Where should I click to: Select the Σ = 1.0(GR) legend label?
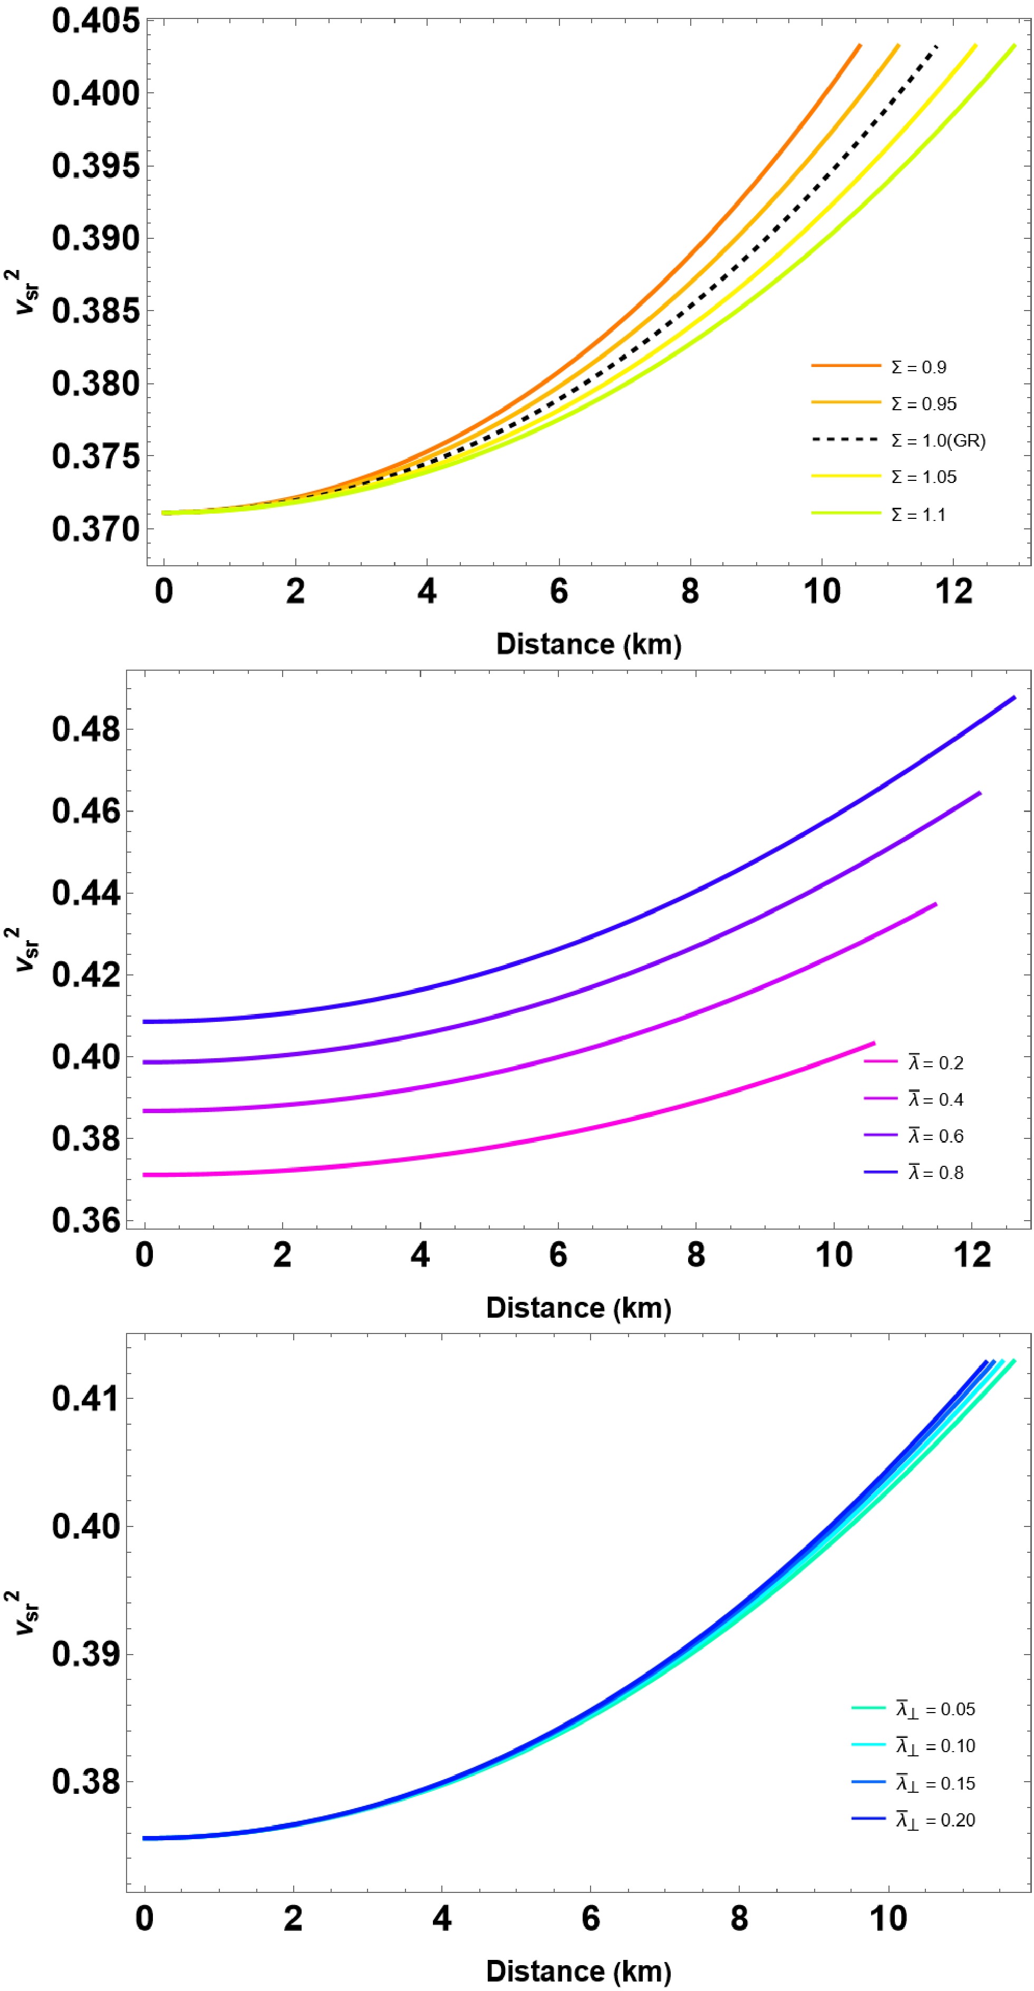pyautogui.click(x=938, y=441)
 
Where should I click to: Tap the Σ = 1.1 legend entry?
pyautogui.click(x=918, y=515)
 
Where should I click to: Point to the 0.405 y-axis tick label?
pyautogui.click(x=96, y=21)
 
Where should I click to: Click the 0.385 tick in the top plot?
pyautogui.click(x=96, y=312)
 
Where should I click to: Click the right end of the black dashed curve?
pyautogui.click(x=936, y=46)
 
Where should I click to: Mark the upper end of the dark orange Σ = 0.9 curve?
pyautogui.click(x=859, y=45)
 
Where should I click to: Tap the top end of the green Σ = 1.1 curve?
pyautogui.click(x=1014, y=45)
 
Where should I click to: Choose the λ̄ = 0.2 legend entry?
pyautogui.click(x=935, y=1064)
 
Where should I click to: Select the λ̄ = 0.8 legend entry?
pyautogui.click(x=935, y=1173)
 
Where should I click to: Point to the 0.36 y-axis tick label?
pyautogui.click(x=86, y=1221)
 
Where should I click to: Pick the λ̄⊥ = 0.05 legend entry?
pyautogui.click(x=935, y=1709)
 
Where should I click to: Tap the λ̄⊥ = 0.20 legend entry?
pyautogui.click(x=935, y=1820)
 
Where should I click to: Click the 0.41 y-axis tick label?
pyautogui.click(x=86, y=1398)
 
